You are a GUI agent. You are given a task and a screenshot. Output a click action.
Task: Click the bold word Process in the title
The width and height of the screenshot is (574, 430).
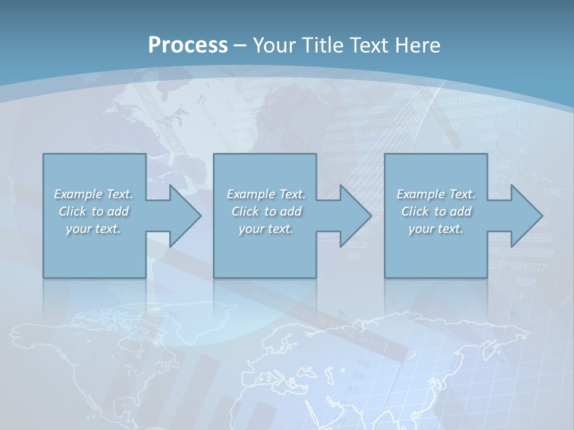pos(188,45)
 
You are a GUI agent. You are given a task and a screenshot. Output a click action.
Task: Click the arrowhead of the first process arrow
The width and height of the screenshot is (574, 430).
pos(185,216)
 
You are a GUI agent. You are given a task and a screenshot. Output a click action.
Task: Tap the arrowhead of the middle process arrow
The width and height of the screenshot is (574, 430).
pos(356,216)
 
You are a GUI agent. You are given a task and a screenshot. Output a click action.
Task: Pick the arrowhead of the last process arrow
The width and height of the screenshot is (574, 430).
pos(527,216)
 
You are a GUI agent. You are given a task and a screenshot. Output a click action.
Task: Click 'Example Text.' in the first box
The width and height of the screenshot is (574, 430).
pos(93,194)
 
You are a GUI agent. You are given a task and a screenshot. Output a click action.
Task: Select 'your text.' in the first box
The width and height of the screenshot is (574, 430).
pos(93,229)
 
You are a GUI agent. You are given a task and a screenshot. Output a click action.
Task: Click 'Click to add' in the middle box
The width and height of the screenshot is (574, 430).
pos(266,211)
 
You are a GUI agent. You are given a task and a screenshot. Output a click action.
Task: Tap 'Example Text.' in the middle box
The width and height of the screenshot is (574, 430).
pos(266,194)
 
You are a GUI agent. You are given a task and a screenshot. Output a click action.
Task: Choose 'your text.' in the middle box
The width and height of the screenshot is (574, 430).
pos(266,229)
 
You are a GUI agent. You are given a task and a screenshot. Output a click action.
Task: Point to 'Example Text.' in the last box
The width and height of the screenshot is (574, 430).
pos(436,194)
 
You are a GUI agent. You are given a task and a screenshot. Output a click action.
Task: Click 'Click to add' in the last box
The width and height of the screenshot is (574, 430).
pos(436,211)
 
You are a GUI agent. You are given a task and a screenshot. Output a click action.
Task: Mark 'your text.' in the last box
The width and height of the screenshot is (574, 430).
pos(436,229)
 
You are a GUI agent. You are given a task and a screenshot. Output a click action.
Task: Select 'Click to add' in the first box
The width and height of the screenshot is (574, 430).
pos(93,211)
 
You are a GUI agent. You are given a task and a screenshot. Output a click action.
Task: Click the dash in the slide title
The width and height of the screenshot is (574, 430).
pos(240,45)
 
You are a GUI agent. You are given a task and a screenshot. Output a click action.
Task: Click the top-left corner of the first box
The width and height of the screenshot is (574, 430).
pos(44,154)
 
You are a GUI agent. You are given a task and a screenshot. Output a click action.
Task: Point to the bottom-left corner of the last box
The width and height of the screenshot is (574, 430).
pos(385,277)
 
